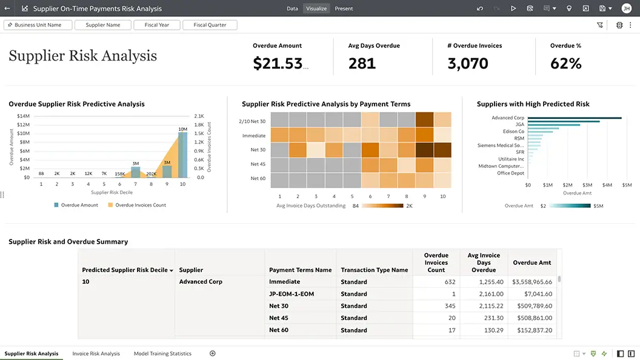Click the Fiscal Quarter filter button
click(x=209, y=25)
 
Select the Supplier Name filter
click(x=102, y=25)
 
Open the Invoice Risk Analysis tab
click(x=96, y=353)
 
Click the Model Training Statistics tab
click(x=162, y=353)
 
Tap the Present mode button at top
click(x=344, y=8)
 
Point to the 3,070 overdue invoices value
click(x=468, y=63)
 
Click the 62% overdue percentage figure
click(x=565, y=63)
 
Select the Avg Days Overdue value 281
click(x=362, y=63)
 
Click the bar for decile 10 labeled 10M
click(x=182, y=155)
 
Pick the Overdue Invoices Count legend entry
click(x=140, y=205)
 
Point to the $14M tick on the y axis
click(x=23, y=116)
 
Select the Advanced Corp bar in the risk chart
click(x=575, y=118)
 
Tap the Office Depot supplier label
click(x=510, y=173)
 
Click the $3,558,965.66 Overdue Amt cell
click(x=532, y=282)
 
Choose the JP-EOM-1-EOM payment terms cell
click(x=292, y=294)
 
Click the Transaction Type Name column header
click(x=374, y=270)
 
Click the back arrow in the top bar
click(x=7, y=8)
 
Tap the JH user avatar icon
click(x=626, y=8)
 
